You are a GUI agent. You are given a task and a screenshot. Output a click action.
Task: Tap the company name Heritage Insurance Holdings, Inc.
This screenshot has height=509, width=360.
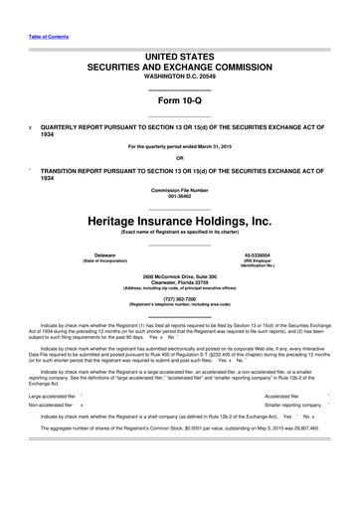pyautogui.click(x=179, y=218)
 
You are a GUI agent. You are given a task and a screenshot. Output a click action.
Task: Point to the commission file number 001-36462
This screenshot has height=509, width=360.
pyautogui.click(x=179, y=196)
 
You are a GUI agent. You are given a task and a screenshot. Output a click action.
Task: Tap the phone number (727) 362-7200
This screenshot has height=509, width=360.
pyautogui.click(x=179, y=297)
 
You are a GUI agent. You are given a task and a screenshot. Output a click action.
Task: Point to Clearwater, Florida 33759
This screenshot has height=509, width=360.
pyautogui.click(x=179, y=281)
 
